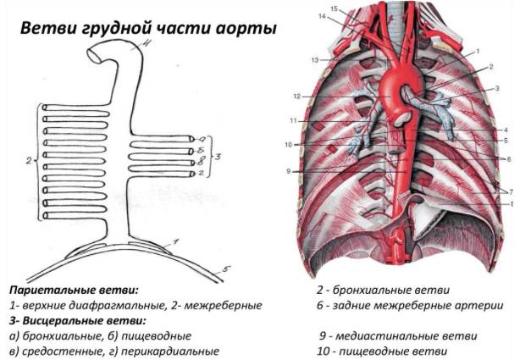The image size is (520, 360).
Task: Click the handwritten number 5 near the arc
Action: pyautogui.click(x=226, y=269)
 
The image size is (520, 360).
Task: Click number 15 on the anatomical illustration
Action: pyautogui.click(x=334, y=9)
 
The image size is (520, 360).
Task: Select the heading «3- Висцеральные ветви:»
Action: pyautogui.click(x=78, y=320)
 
